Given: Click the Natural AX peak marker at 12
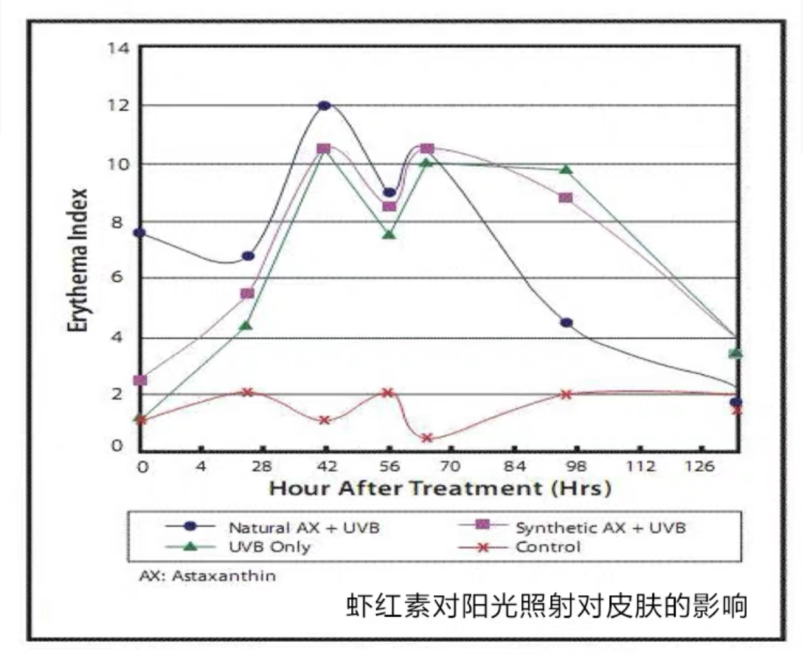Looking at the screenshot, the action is tap(324, 106).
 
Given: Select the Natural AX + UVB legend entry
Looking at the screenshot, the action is tap(272, 528).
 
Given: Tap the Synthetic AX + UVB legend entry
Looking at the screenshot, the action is tap(572, 527).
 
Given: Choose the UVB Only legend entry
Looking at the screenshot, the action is tap(238, 547).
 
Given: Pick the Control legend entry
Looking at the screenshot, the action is tap(520, 547).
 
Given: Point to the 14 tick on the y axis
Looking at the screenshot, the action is tap(118, 48).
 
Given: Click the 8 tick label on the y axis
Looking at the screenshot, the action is tap(117, 222).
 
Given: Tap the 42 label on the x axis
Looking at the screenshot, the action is tap(327, 467).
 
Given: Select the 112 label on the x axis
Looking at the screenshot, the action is tap(641, 467).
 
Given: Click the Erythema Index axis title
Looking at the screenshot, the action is tap(78, 260).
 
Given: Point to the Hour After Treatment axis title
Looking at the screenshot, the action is tap(440, 488).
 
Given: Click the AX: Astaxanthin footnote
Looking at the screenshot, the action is tap(208, 576).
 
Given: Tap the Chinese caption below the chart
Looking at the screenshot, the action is tap(546, 606).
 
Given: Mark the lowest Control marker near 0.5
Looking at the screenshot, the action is tap(427, 438).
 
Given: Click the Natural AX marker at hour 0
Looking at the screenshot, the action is tap(140, 233).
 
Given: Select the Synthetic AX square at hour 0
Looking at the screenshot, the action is tap(140, 380).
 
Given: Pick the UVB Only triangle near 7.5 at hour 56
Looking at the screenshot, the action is tap(389, 234).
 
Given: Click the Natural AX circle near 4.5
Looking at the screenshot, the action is tap(566, 323).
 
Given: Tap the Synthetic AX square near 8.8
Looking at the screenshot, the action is tap(565, 198).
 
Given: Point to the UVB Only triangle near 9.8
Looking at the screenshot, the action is tap(566, 169).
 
